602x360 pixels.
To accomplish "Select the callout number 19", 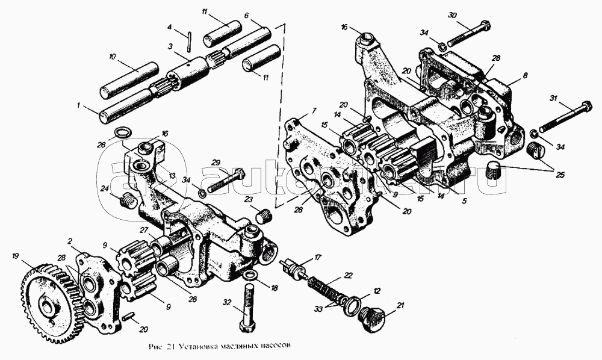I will coord(15,256).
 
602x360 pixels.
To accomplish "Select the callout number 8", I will coord(524,76).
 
